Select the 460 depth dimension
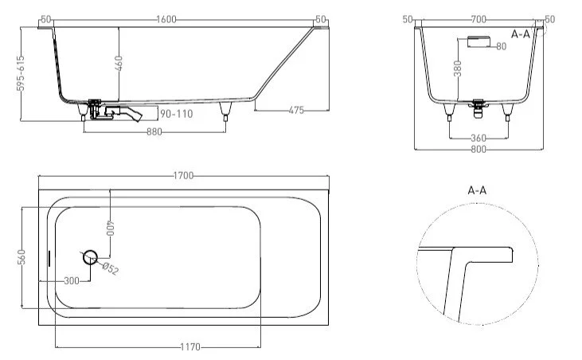[118, 64]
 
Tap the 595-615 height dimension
[21, 74]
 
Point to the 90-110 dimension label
[175, 114]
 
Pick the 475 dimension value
[295, 110]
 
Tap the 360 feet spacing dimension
[478, 137]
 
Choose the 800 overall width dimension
[479, 148]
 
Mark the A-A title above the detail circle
[478, 191]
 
